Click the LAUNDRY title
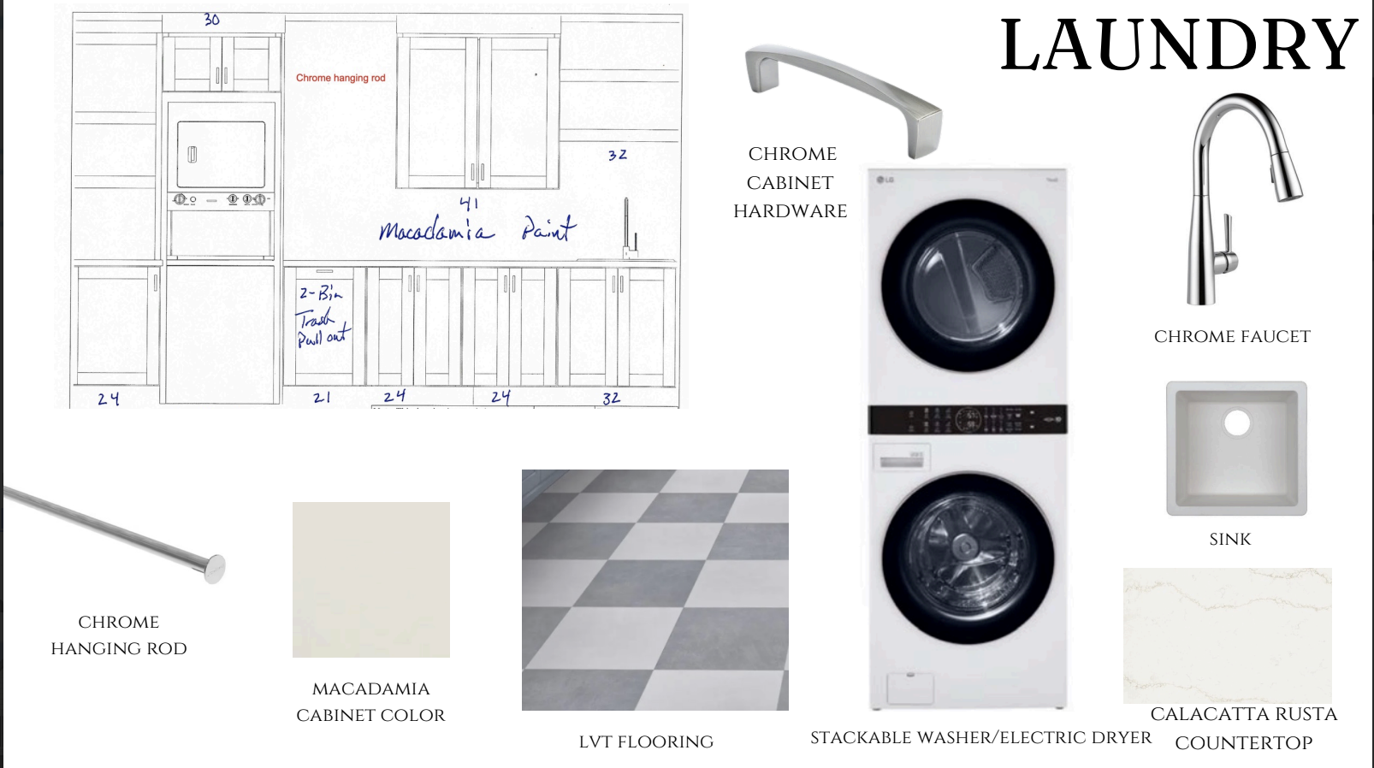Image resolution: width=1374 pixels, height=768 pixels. point(1178,45)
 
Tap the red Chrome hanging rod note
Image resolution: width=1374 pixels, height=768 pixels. point(341,78)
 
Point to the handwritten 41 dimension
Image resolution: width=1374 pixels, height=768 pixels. point(469,203)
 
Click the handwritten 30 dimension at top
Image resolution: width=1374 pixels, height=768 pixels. point(211,20)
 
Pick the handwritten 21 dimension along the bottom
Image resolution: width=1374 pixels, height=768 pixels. point(322,398)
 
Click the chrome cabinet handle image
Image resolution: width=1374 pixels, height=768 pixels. point(844,100)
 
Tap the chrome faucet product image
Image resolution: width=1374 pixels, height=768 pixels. point(1245,199)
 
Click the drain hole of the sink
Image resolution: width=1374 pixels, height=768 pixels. point(1236,423)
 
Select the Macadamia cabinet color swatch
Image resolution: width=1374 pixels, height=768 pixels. point(371,580)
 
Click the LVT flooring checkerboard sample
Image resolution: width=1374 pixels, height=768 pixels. point(655,590)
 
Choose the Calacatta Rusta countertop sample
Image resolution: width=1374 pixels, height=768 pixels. point(1228,635)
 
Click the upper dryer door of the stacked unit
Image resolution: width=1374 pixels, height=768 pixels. point(968,285)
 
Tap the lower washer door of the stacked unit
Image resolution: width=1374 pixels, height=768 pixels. point(968,558)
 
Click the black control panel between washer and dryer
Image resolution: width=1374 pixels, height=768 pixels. point(968,420)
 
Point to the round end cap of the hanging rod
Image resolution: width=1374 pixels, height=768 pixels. point(214,569)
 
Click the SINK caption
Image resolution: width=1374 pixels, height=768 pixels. point(1230,540)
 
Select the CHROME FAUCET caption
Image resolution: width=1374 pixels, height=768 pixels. point(1232,336)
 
